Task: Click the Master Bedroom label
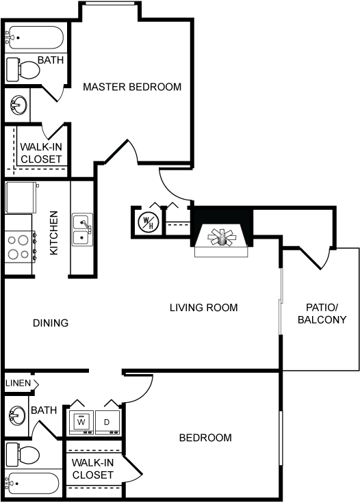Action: [132, 87]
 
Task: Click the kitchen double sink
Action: [82, 229]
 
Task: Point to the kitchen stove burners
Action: [18, 247]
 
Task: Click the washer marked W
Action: [81, 422]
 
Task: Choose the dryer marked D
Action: [107, 422]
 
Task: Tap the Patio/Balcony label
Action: [322, 313]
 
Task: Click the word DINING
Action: [51, 323]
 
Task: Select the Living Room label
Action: [204, 308]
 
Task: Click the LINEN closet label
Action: [18, 383]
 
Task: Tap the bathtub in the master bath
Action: [35, 38]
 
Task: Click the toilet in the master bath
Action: [23, 69]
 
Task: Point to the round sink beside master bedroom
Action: [18, 105]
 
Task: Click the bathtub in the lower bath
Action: [33, 484]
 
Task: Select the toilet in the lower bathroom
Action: [23, 455]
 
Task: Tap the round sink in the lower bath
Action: [16, 415]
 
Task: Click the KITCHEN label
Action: [54, 233]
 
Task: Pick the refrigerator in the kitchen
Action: [21, 198]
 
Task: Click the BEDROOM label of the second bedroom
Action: [205, 438]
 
